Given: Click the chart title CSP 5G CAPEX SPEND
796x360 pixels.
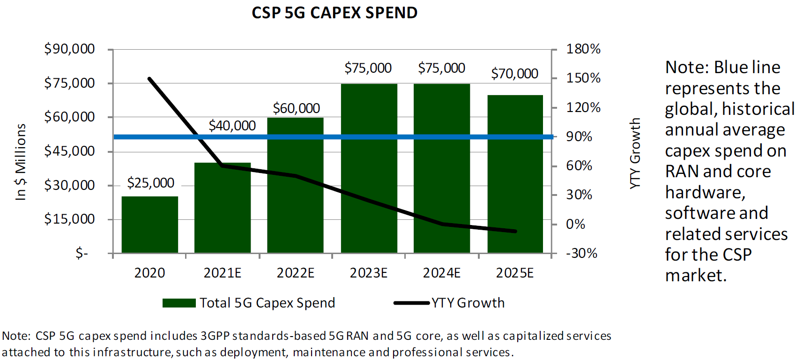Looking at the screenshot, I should [335, 13].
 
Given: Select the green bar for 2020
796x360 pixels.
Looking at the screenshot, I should [150, 225].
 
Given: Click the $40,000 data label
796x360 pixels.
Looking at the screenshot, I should [232, 126].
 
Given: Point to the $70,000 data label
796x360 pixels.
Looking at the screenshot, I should [514, 74].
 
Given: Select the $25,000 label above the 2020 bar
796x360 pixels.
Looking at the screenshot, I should [150, 183].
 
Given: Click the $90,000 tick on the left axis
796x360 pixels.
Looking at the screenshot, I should [69, 49].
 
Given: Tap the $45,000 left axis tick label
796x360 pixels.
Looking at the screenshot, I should [69, 151].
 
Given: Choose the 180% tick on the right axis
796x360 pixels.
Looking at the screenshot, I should [583, 49].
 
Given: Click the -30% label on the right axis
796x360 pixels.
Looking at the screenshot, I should [581, 253].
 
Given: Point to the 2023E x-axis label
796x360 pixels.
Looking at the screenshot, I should [368, 273].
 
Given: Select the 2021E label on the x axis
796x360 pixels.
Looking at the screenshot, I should [222, 273].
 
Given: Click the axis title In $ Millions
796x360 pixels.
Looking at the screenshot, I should [21, 162].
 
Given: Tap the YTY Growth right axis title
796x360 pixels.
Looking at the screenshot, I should [635, 153].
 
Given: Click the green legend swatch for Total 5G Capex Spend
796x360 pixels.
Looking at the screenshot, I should [179, 303].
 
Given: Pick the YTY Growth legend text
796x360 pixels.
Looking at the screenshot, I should [468, 303].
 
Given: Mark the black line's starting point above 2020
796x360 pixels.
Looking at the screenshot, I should [149, 79].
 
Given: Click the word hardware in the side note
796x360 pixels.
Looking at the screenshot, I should [705, 192].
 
